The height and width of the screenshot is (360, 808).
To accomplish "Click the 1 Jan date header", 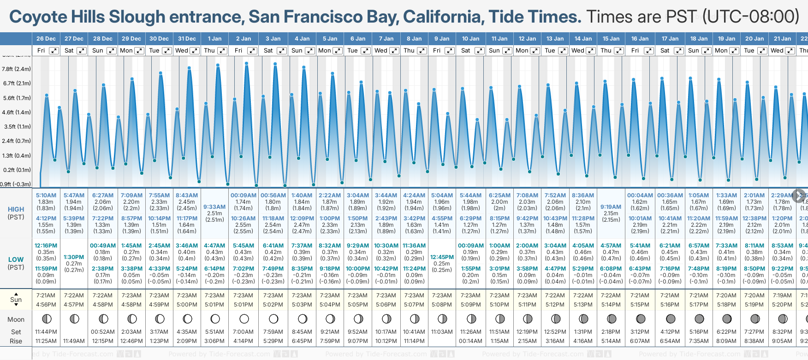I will click(x=214, y=39).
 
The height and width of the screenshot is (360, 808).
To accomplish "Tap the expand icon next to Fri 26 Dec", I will click(x=54, y=51).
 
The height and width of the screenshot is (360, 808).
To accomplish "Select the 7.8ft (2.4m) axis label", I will click(x=16, y=69).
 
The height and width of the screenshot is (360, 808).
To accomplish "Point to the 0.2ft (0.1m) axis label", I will click(x=16, y=170).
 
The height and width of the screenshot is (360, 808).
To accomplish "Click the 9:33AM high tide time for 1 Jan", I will click(x=214, y=207).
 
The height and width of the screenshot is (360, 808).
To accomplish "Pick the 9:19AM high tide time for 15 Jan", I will click(x=611, y=207).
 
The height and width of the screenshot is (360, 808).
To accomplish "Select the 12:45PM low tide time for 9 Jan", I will click(x=442, y=257).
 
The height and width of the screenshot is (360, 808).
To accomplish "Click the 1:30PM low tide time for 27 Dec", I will click(x=74, y=257).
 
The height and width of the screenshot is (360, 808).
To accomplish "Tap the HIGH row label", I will click(x=16, y=209).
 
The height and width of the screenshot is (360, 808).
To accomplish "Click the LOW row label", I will click(x=16, y=260).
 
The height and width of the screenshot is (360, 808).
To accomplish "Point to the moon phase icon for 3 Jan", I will click(x=273, y=319).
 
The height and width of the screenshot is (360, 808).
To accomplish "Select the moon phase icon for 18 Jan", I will click(x=699, y=319).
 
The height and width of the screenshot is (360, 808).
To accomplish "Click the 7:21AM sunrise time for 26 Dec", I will click(x=46, y=295).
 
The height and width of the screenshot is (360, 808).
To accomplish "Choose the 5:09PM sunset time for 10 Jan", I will click(x=470, y=305).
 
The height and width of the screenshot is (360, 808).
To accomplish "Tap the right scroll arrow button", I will click(x=799, y=195).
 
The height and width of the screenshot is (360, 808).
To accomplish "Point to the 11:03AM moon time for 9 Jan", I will click(x=442, y=332).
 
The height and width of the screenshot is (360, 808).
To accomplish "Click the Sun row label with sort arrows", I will click(x=16, y=300).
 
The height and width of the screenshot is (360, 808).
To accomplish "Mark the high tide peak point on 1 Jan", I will click(x=218, y=65).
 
